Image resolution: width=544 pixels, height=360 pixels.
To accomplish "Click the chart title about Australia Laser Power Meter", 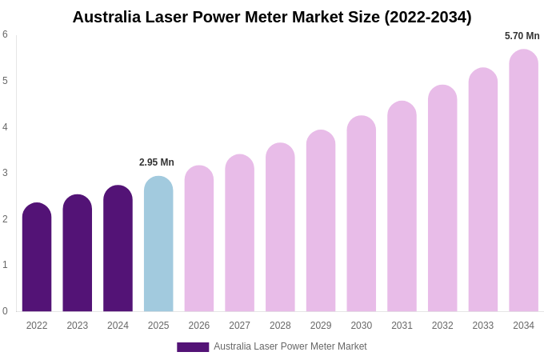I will [272, 17].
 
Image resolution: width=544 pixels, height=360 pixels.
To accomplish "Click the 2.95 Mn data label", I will [157, 162].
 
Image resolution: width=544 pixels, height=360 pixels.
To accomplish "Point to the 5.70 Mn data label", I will [522, 36].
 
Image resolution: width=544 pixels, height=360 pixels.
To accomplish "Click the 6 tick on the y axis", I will [5, 34].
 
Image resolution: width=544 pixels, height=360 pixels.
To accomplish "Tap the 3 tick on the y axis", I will [5, 173].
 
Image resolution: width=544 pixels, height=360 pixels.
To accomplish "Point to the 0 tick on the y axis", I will [5, 311].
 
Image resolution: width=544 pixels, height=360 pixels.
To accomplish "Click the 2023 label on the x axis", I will [78, 326].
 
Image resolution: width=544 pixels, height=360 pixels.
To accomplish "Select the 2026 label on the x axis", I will [199, 326].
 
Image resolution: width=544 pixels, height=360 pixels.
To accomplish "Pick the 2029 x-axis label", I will [321, 326].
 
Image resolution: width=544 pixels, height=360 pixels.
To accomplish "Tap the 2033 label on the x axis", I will [482, 326].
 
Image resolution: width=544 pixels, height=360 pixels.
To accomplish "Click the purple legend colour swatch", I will [193, 347].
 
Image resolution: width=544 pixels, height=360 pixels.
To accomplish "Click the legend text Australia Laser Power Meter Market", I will [290, 346].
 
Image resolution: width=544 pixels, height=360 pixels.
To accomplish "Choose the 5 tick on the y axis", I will [5, 81].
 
